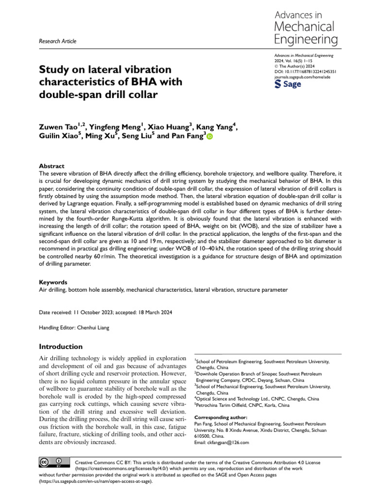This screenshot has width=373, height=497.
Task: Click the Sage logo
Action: click(288, 84)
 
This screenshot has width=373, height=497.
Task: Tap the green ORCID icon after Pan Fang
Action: click(210, 137)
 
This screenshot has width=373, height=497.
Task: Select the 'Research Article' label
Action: click(57, 41)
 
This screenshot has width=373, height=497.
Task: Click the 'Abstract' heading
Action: click(51, 166)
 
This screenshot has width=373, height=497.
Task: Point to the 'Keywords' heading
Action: click(52, 282)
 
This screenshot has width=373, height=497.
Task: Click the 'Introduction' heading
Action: click(61, 347)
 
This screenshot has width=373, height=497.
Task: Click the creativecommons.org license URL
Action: click(116, 469)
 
